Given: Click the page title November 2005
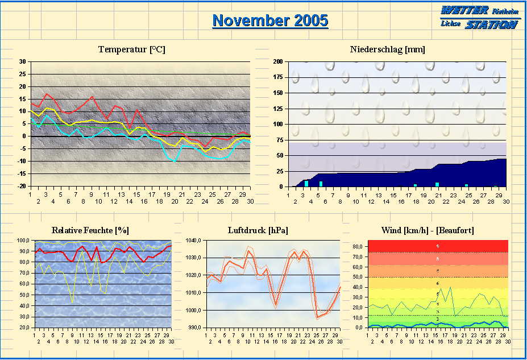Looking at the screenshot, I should coord(270,20).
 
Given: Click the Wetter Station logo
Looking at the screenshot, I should coord(479,17).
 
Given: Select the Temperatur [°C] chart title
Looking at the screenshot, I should coord(131,49).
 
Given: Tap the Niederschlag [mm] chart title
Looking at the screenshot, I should coord(387,49).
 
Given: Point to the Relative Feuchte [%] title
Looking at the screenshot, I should coord(90,230).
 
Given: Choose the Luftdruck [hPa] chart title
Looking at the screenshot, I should coord(258,230).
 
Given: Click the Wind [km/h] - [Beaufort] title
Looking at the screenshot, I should coord(428,230).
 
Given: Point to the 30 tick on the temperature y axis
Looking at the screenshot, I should coord(22,61).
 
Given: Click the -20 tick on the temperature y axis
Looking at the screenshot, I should coord(22,186).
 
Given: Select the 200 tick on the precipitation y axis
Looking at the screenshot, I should coord(278,61).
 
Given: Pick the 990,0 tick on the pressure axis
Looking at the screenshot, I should coord(194,328).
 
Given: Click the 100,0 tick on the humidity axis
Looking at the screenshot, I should coord(25,241).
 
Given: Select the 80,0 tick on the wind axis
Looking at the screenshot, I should coord(358,247).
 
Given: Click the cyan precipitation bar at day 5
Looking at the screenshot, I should coord(321,184).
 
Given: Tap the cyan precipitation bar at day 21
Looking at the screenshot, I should coord(437,184).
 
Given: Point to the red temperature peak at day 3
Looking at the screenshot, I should coord(46,94).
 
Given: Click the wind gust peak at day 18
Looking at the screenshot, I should coord(451,287).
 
